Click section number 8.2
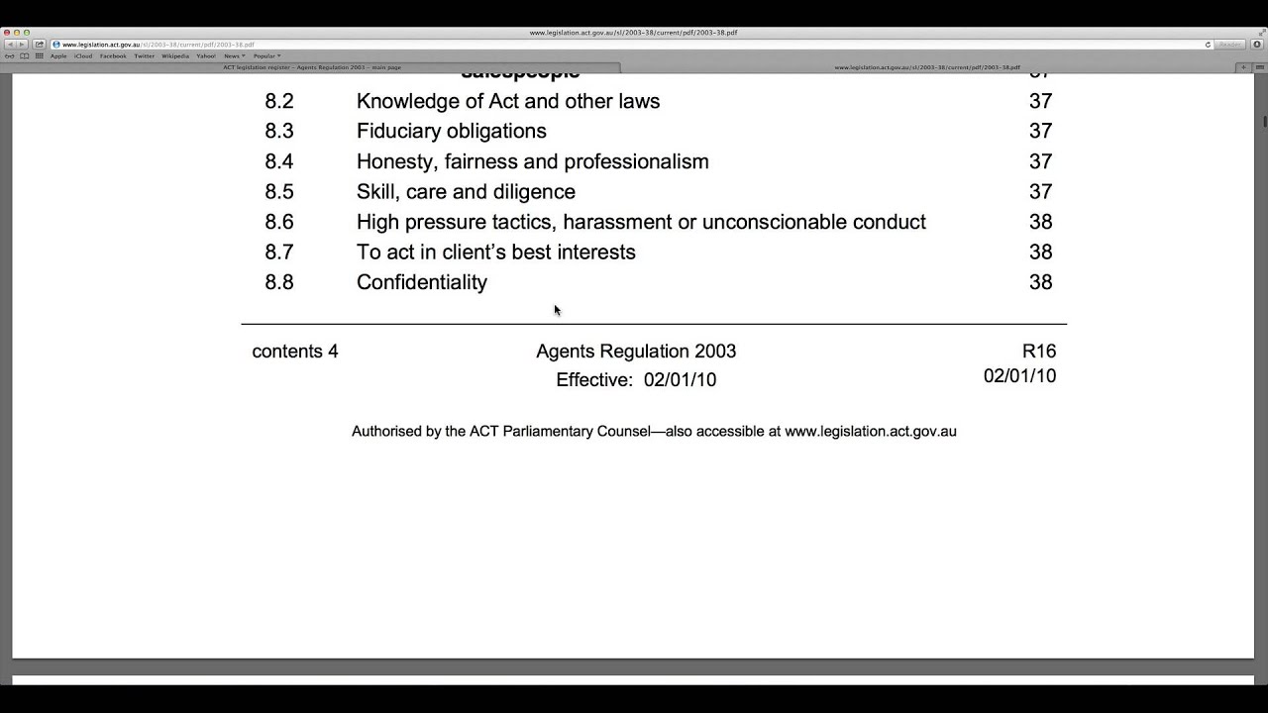pyautogui.click(x=278, y=101)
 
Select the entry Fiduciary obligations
pyautogui.click(x=451, y=131)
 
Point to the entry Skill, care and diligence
pyautogui.click(x=466, y=191)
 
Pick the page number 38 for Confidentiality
pyautogui.click(x=1040, y=282)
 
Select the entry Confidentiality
pyautogui.click(x=422, y=282)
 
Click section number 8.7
pyautogui.click(x=278, y=252)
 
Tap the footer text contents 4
pyautogui.click(x=295, y=352)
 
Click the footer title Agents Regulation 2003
pyautogui.click(x=636, y=352)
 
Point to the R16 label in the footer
pyautogui.click(x=1039, y=352)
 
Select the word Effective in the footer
pyautogui.click(x=593, y=380)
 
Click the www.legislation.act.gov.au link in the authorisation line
pyautogui.click(x=870, y=432)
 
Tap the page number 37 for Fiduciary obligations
pyautogui.click(x=1040, y=131)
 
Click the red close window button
pyautogui.click(x=7, y=33)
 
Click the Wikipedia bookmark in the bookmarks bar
pyautogui.click(x=175, y=56)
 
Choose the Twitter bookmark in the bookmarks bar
pyautogui.click(x=145, y=56)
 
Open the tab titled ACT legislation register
pyautogui.click(x=312, y=67)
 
